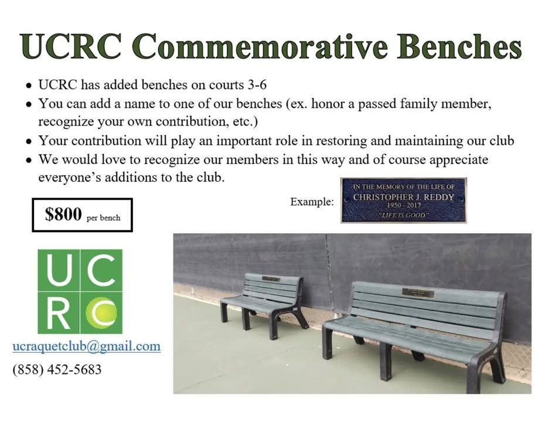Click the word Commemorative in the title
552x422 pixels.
pyautogui.click(x=261, y=46)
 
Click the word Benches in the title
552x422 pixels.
pyautogui.click(x=460, y=46)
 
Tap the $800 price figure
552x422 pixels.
pyautogui.click(x=63, y=214)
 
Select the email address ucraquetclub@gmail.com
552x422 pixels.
pyautogui.click(x=87, y=346)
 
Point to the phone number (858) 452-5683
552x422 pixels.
pyautogui.click(x=57, y=369)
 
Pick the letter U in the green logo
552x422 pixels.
pyautogui.click(x=59, y=270)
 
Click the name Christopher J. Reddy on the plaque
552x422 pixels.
pyautogui.click(x=403, y=198)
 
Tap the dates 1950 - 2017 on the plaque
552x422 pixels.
pyautogui.click(x=403, y=205)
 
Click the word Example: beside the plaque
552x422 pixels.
pyautogui.click(x=312, y=202)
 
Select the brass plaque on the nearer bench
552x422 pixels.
pyautogui.click(x=418, y=293)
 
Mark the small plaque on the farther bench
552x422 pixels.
pyautogui.click(x=271, y=279)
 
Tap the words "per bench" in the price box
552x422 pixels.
pyautogui.click(x=104, y=218)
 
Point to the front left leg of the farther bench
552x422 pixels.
pyautogui.click(x=224, y=312)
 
